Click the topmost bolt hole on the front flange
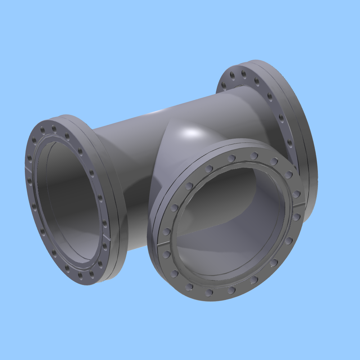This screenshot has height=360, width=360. (254, 156)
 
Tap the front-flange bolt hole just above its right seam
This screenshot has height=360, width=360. (296, 194)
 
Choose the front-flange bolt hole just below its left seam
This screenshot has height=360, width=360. (166, 254)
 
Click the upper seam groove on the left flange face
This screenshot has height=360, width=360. (28, 168)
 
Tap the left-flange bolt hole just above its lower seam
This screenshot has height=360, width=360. (104, 224)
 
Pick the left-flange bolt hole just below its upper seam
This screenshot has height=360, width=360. (30, 179)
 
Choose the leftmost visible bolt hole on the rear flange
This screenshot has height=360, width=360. (224, 85)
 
